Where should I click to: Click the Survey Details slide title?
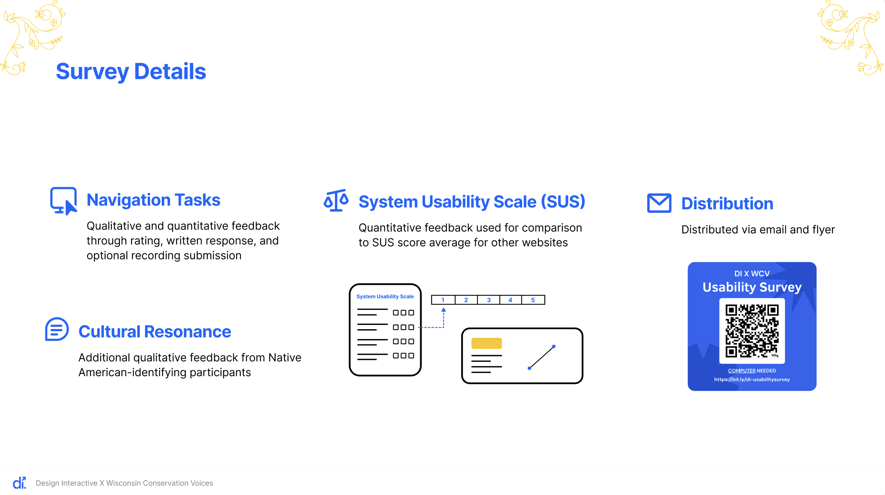[131, 72]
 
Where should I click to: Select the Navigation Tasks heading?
[153, 200]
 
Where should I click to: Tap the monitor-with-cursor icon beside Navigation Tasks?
[63, 201]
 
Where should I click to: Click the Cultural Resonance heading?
[155, 332]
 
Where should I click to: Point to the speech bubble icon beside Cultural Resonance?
[57, 329]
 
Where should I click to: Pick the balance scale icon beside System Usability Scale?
[336, 200]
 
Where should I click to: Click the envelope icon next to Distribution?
[659, 203]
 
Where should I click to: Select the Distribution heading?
[727, 204]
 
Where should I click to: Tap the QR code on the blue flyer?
[752, 331]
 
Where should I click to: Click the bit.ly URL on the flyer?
[752, 379]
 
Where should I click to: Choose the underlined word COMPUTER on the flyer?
[742, 371]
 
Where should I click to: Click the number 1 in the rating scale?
[443, 300]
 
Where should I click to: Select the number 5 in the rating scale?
[533, 300]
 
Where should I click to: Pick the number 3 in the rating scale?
[489, 300]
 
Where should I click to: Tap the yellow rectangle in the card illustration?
[486, 343]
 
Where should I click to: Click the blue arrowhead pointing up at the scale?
[444, 310]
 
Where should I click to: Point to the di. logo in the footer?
[20, 483]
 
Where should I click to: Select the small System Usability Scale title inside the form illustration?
[385, 297]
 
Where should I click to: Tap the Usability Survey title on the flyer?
[752, 287]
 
